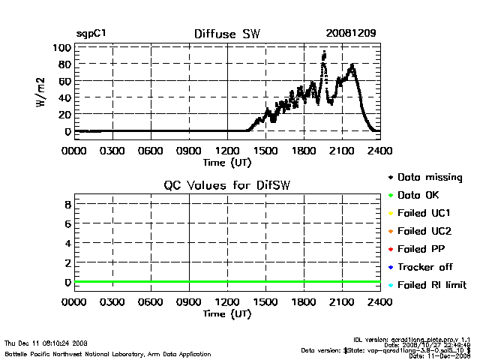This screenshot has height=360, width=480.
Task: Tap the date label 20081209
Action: point(351,34)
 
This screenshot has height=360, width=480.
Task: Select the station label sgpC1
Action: point(91,34)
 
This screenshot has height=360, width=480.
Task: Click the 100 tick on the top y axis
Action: point(61,48)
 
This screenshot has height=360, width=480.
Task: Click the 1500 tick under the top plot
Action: point(266,149)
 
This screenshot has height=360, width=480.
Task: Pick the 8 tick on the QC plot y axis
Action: point(67,204)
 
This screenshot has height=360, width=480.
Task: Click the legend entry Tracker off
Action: point(424,267)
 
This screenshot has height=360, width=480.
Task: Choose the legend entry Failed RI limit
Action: point(432,285)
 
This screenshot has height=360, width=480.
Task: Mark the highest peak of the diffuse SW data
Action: point(324,52)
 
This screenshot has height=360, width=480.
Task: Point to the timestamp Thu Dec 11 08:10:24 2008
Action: point(46,342)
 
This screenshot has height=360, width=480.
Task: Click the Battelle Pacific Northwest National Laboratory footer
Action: point(108,353)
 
